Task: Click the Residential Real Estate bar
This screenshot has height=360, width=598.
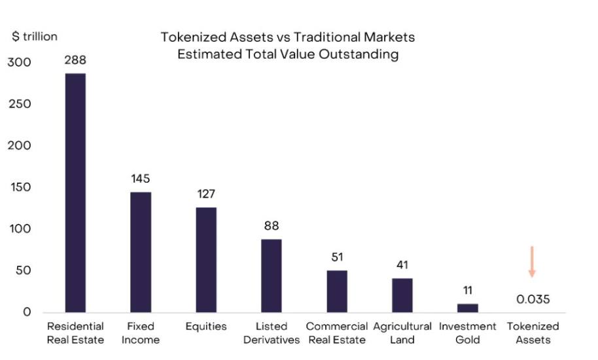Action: click(75, 192)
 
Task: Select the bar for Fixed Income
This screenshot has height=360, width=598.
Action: click(141, 252)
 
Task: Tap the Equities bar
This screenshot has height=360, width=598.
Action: click(206, 259)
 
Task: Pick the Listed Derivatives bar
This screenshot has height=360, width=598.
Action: click(272, 276)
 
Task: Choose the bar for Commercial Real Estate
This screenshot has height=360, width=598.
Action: click(337, 291)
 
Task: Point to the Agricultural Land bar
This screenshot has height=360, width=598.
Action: click(402, 295)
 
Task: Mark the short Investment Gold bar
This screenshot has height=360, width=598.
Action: click(468, 308)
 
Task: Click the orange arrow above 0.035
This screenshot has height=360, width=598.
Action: click(532, 262)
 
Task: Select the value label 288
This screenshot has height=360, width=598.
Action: click(75, 60)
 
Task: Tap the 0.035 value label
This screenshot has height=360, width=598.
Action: click(533, 299)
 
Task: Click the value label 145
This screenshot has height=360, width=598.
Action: click(141, 178)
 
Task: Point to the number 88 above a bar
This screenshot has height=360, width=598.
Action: click(272, 226)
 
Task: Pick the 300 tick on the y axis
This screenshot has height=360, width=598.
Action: click(19, 63)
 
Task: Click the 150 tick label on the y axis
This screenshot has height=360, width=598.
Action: click(19, 188)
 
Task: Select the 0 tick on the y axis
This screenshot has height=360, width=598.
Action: click(27, 312)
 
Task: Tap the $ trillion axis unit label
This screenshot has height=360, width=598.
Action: click(35, 37)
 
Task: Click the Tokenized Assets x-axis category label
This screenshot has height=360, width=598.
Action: click(533, 333)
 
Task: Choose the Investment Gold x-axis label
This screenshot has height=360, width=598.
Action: click(467, 333)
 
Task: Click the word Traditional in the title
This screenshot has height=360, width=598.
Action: click(317, 37)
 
